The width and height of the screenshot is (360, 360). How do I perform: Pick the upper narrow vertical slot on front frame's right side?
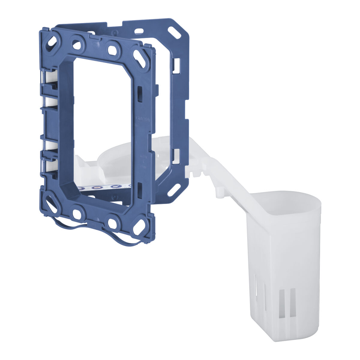tap(139, 93)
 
